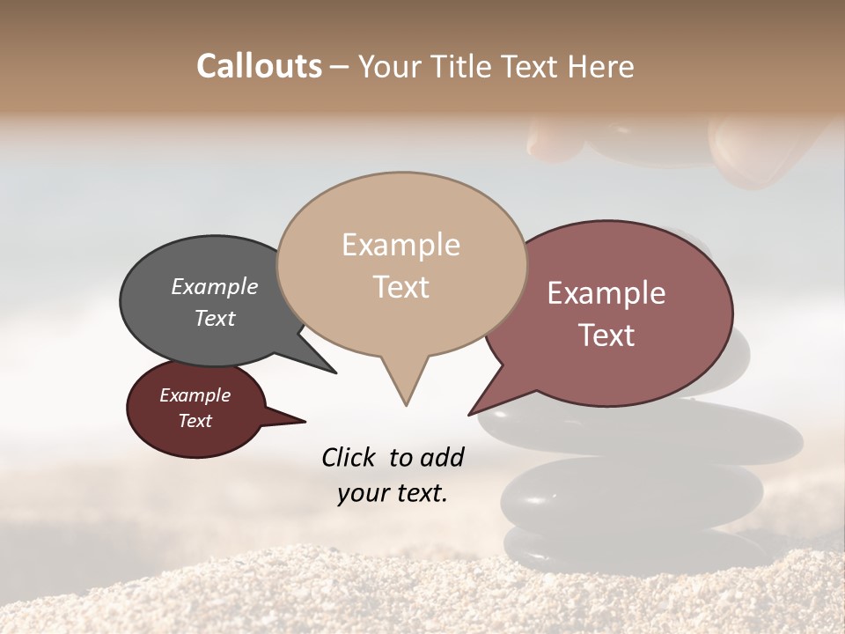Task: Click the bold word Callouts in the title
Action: point(259,66)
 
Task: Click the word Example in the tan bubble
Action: point(401,245)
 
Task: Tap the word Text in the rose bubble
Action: point(606,335)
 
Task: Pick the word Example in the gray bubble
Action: point(215,286)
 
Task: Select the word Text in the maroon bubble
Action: point(195,421)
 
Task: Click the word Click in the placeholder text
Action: point(349,457)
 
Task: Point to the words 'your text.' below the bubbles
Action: point(393,493)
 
